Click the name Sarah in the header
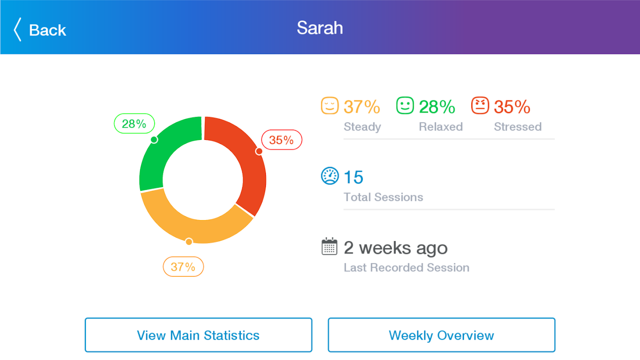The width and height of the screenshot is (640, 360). (x=320, y=28)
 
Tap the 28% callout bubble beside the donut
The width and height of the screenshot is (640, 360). (x=134, y=124)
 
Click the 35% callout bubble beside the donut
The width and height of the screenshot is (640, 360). (x=281, y=140)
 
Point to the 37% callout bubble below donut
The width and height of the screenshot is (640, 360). (x=183, y=267)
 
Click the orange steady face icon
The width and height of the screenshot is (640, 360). (x=329, y=106)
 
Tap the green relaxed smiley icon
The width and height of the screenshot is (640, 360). (x=405, y=106)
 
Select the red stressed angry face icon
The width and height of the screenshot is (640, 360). (x=480, y=106)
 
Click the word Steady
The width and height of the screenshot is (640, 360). (x=362, y=127)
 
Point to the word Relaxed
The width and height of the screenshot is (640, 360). (x=441, y=127)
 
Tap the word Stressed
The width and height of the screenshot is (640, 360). (x=518, y=127)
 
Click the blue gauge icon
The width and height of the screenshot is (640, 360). (x=329, y=176)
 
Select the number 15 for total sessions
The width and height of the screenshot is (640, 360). (x=353, y=177)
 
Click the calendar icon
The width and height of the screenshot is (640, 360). (x=329, y=247)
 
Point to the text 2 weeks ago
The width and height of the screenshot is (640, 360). (x=396, y=247)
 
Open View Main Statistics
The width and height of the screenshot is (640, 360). (x=198, y=335)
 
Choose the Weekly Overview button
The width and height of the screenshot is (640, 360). (x=441, y=335)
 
